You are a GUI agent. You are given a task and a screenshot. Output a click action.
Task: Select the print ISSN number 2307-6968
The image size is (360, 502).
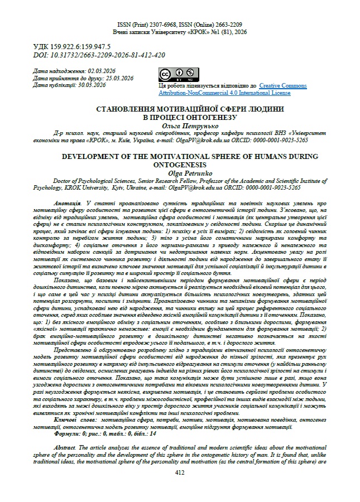166,25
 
